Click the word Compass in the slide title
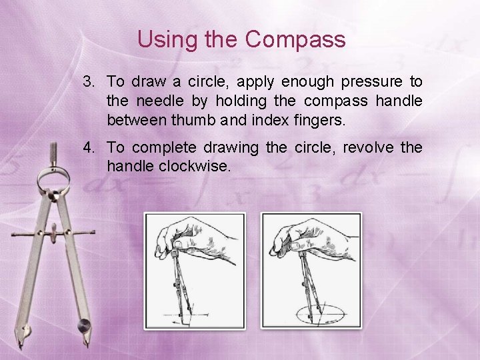(x=295, y=39)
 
